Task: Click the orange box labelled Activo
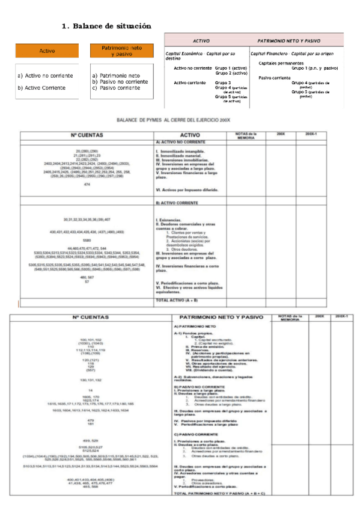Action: (47, 52)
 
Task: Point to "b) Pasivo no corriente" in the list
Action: (120, 81)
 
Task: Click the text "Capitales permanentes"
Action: (281, 63)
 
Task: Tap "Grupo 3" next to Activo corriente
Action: (223, 82)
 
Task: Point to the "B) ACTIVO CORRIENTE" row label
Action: (178, 203)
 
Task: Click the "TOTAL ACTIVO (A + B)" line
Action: (178, 299)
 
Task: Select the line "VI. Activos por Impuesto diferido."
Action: (187, 189)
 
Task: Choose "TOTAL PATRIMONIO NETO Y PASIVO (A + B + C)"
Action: (219, 494)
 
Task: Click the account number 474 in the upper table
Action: (87, 184)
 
